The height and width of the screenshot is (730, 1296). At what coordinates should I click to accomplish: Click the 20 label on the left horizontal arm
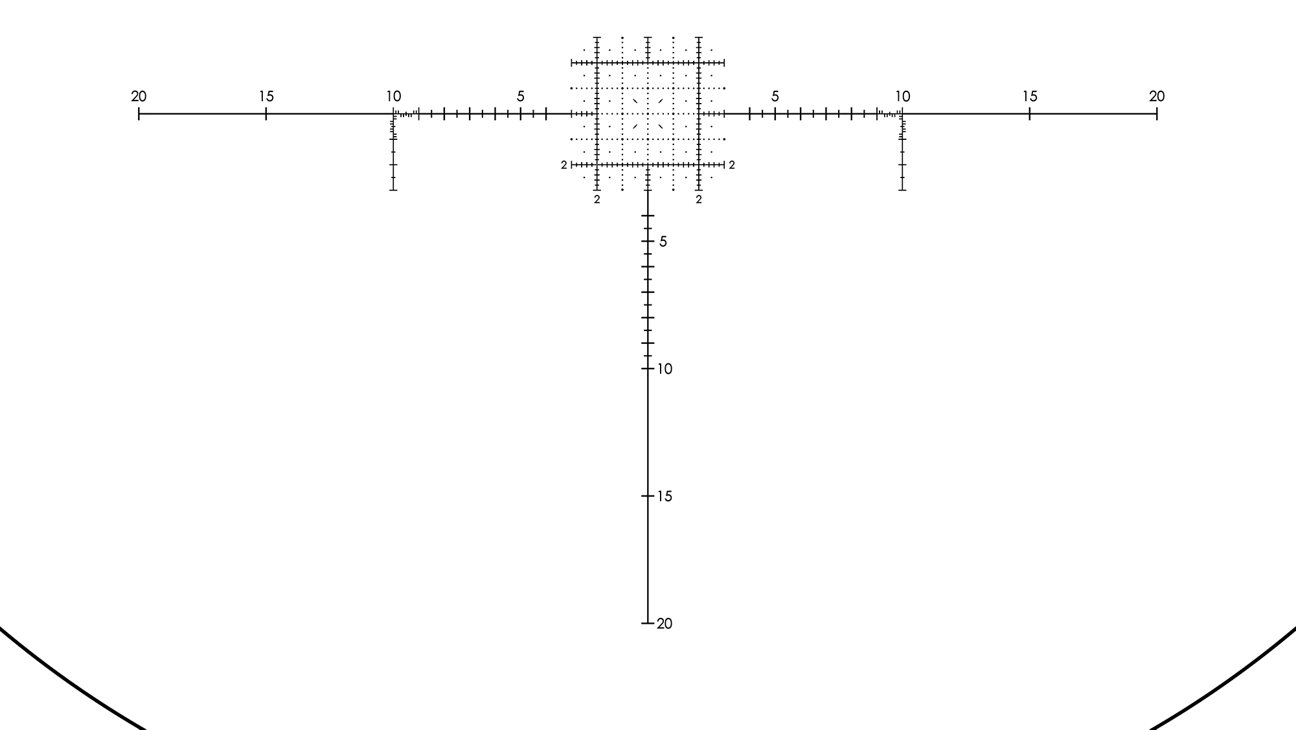click(139, 97)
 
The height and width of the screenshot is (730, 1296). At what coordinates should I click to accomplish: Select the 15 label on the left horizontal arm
click(266, 97)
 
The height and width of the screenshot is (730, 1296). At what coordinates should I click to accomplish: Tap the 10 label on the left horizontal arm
click(394, 97)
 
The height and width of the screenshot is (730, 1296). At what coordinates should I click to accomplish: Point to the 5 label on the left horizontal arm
click(521, 97)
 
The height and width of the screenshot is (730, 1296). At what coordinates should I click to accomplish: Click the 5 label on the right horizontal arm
click(775, 97)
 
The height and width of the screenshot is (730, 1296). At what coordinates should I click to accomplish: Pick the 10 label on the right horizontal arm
click(902, 97)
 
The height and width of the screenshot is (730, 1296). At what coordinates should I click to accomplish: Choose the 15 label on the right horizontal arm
click(1030, 97)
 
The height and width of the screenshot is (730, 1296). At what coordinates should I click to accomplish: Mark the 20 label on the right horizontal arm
click(1157, 97)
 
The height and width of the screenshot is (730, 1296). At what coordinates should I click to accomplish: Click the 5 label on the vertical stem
click(663, 242)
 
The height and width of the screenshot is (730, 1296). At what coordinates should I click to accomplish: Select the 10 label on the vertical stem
click(665, 369)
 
